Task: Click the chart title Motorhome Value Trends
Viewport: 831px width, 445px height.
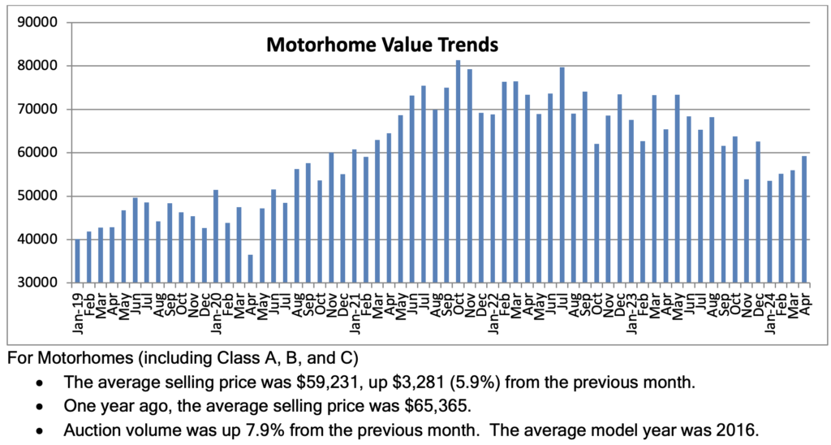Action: click(x=382, y=44)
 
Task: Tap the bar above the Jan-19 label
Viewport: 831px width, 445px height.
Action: click(x=78, y=261)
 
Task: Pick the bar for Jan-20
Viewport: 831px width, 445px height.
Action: click(x=216, y=236)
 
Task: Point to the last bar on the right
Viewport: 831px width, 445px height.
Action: click(x=803, y=219)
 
